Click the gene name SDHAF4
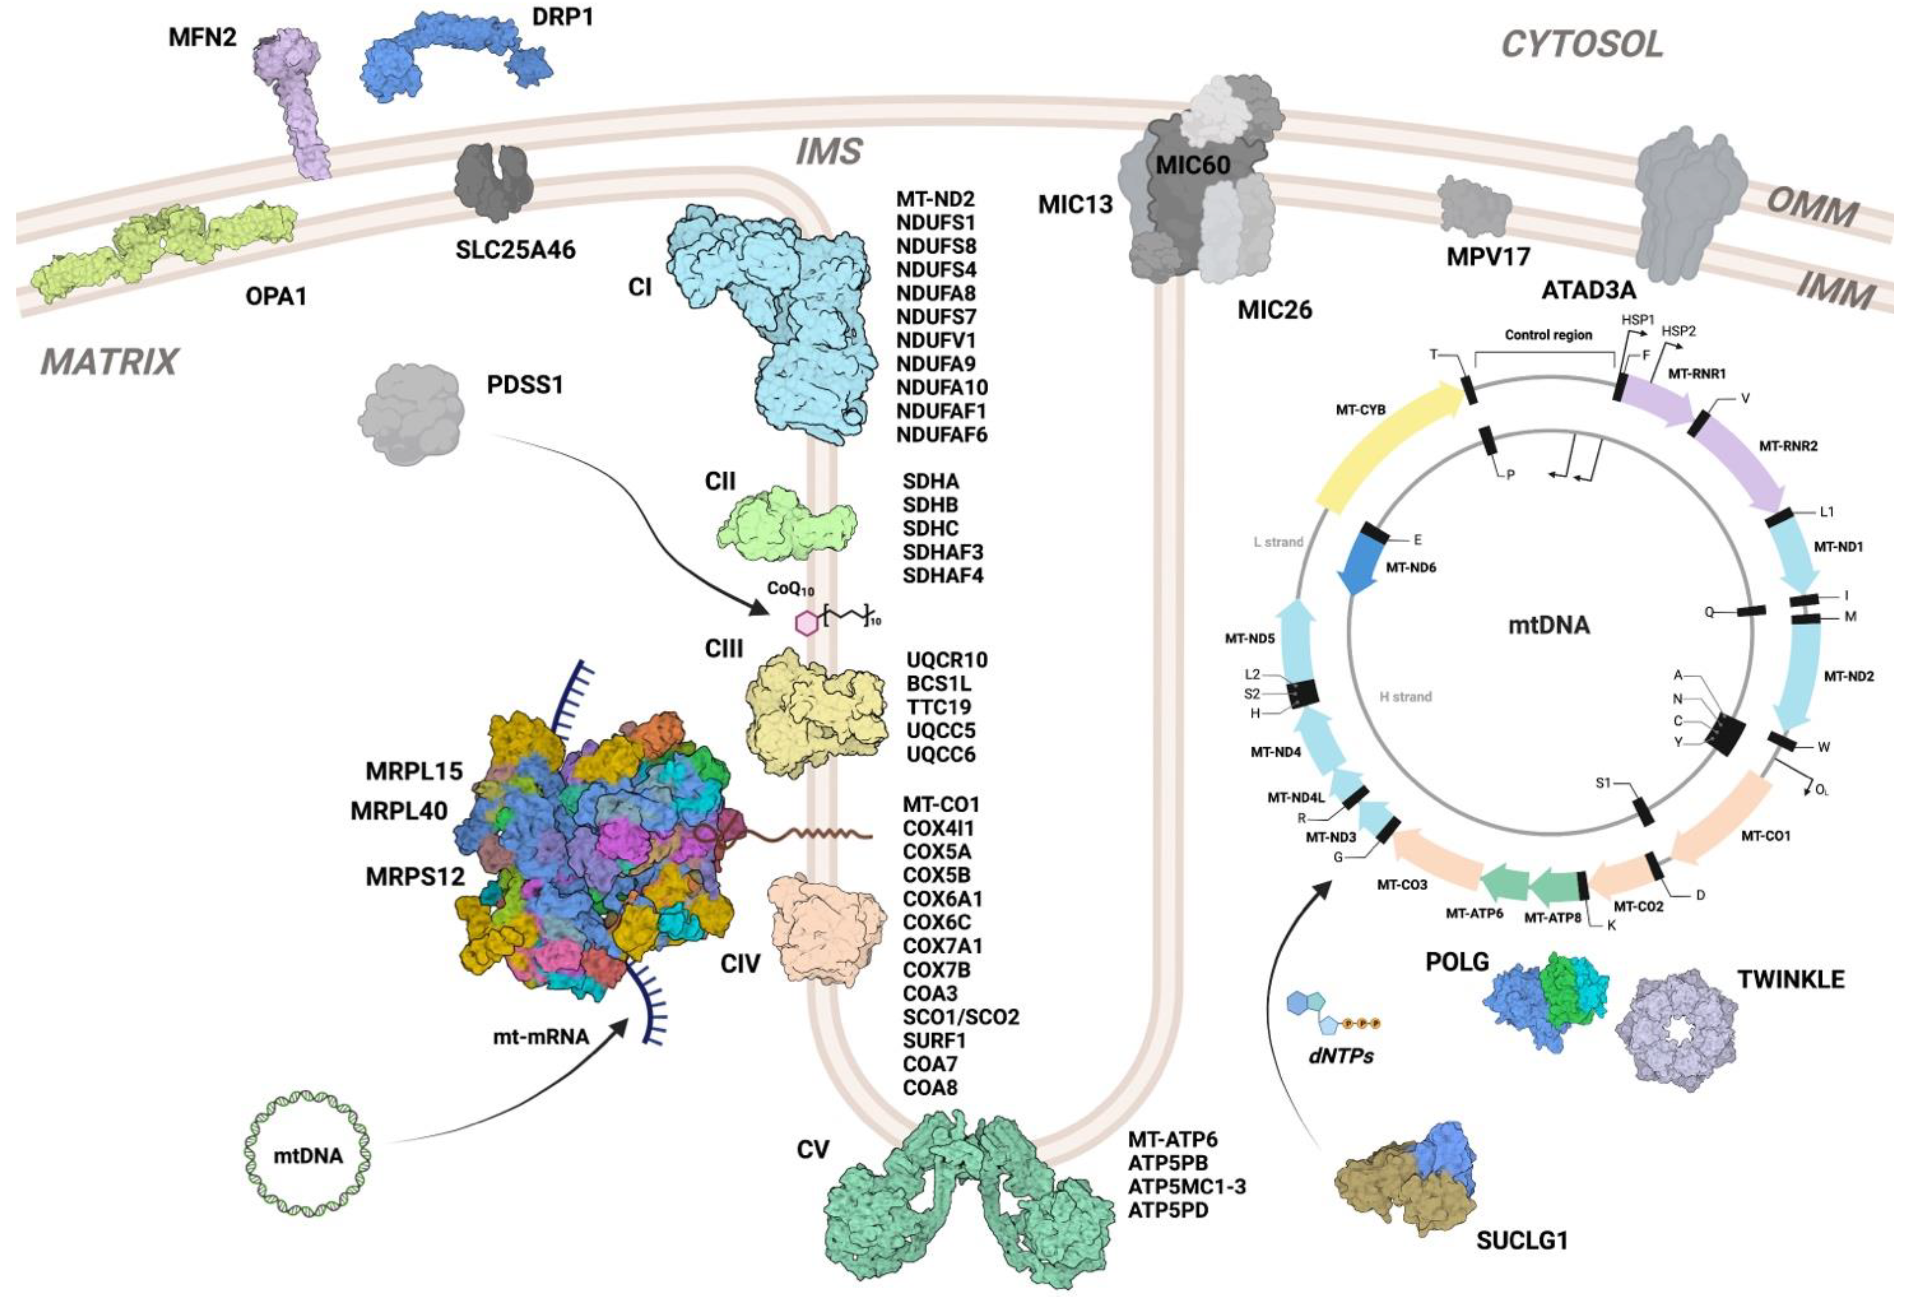click(942, 575)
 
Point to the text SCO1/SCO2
click(960, 1017)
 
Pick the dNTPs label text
click(1341, 1056)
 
